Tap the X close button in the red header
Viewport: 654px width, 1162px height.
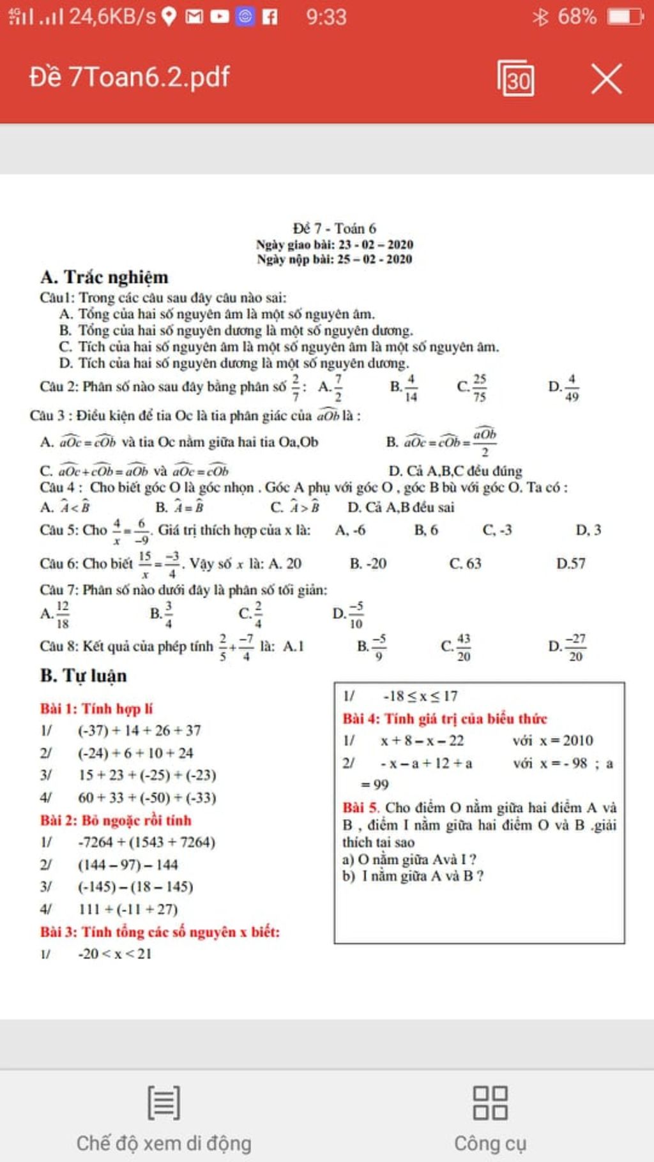[x=606, y=79]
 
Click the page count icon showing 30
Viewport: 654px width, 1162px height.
[x=516, y=79]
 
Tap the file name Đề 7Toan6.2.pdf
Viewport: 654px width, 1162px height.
[x=130, y=77]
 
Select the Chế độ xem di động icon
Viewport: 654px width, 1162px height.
[x=163, y=1102]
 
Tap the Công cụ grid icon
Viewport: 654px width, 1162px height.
[x=490, y=1103]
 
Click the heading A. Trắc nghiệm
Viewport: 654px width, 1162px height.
[x=104, y=277]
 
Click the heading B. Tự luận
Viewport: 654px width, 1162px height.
[x=83, y=675]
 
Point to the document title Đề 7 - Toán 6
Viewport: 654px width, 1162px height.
[x=334, y=228]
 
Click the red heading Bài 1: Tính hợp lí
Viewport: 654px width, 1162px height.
[x=96, y=708]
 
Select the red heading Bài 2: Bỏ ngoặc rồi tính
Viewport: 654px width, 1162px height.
[x=116, y=820]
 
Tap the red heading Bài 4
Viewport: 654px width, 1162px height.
[x=445, y=718]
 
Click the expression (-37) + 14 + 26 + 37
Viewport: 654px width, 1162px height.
[x=139, y=730]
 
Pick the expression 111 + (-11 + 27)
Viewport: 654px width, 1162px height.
[x=128, y=909]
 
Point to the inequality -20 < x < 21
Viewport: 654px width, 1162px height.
[x=114, y=954]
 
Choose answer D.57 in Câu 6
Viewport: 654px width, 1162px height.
[x=570, y=563]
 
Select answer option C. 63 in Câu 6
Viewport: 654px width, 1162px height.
[x=465, y=563]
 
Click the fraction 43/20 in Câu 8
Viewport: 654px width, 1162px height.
[x=464, y=647]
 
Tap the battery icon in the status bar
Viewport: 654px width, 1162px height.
[x=625, y=16]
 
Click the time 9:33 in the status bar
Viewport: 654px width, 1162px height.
[x=326, y=16]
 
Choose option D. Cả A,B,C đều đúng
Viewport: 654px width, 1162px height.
[x=455, y=471]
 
